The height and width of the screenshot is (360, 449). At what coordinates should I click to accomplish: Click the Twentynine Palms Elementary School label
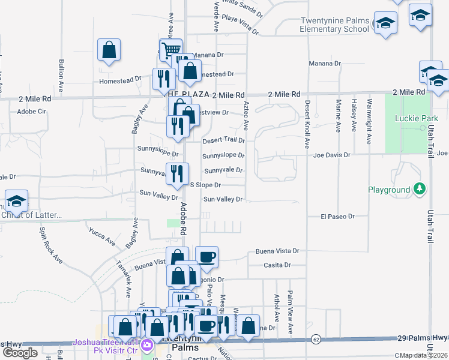click(x=334, y=25)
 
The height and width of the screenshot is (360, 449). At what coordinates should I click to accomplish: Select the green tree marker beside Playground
click(x=420, y=190)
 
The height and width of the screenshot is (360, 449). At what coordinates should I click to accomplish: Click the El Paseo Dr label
click(x=338, y=216)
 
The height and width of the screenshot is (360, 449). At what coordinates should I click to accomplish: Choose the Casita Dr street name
click(x=277, y=265)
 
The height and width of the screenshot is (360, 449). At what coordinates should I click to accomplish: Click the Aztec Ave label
click(x=246, y=115)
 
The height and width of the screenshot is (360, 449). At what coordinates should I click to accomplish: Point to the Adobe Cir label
click(x=32, y=112)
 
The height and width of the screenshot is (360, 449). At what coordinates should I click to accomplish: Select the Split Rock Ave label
click(x=52, y=245)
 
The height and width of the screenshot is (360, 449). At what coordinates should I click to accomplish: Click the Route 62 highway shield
click(x=315, y=340)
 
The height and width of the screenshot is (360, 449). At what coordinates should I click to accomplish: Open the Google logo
click(x=20, y=353)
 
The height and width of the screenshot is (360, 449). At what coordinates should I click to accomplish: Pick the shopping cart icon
click(x=171, y=49)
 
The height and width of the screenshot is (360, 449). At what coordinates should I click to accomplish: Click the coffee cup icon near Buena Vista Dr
click(x=206, y=257)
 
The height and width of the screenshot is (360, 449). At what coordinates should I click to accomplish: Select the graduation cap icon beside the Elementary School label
click(x=385, y=23)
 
